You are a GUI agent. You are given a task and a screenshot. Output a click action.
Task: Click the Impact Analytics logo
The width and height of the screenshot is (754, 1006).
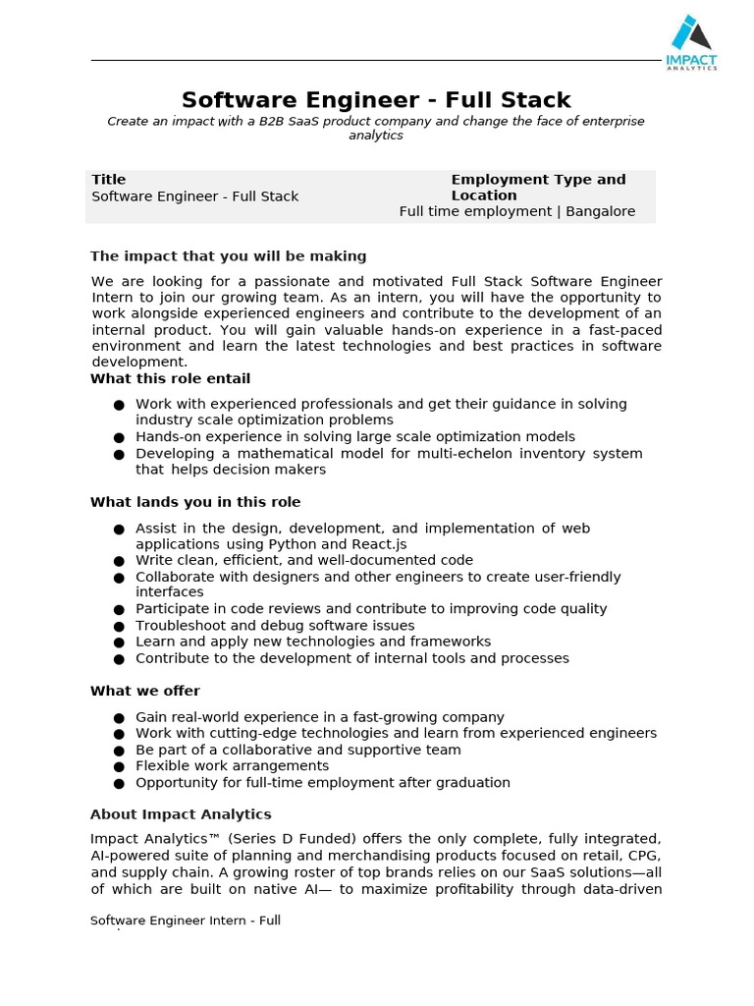coord(691,42)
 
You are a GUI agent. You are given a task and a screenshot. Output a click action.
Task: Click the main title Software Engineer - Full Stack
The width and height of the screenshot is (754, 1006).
coord(376,100)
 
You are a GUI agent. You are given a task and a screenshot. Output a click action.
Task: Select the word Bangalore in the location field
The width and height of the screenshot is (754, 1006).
coord(600,211)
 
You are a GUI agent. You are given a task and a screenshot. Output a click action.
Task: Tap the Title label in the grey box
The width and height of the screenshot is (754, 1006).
coord(109,179)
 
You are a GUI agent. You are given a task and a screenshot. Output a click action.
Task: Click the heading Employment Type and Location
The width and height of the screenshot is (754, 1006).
coord(538,187)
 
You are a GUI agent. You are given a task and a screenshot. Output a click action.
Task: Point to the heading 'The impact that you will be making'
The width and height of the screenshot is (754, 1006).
coord(228,255)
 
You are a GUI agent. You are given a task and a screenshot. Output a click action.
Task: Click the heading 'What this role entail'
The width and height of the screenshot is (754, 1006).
coord(170,378)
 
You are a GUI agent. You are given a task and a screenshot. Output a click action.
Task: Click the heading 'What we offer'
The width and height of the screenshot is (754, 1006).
coord(144,691)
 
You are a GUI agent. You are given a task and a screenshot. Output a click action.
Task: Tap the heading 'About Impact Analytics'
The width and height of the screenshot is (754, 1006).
coord(181,814)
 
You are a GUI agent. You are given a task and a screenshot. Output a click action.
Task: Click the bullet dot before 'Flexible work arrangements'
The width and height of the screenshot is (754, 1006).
coord(119,767)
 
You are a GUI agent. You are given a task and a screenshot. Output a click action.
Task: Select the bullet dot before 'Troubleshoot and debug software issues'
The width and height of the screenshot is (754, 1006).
coord(119,627)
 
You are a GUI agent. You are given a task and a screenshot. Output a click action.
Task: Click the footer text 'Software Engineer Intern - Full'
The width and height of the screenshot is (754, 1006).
coord(186,921)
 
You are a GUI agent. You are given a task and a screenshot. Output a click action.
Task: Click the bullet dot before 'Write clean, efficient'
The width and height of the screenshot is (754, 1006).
coord(119,562)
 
